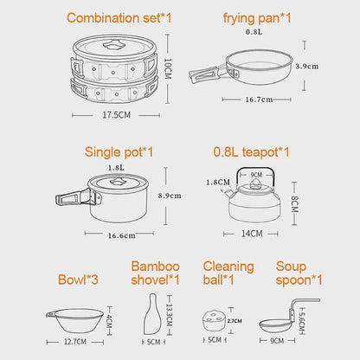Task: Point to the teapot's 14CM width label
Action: click(x=254, y=234)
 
